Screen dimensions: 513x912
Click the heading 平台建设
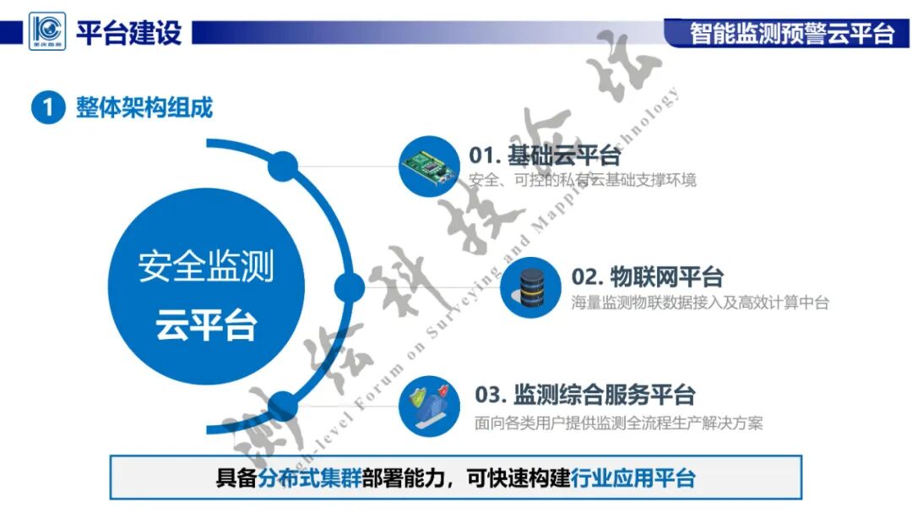[x=128, y=33]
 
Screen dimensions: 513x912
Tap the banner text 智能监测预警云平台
[x=791, y=33]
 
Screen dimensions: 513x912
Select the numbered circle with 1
[x=48, y=107]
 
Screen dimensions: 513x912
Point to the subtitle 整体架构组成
[x=144, y=107]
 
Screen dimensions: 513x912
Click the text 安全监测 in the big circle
[x=206, y=267]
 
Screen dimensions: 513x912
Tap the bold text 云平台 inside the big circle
[x=206, y=325]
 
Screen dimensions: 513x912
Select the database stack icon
[x=530, y=287]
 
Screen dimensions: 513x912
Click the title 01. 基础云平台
[x=545, y=156]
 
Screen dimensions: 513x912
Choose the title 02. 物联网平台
[x=648, y=276]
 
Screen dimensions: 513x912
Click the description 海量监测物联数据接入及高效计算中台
[x=700, y=303]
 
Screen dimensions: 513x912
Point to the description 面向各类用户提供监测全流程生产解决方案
[x=619, y=423]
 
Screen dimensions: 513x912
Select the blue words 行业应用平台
[x=633, y=478]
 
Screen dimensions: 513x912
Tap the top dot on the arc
[x=284, y=167]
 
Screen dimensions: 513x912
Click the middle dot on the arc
[x=350, y=287]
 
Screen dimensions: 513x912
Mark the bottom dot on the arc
[x=284, y=407]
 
